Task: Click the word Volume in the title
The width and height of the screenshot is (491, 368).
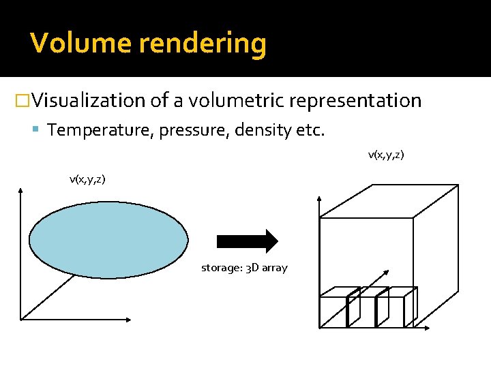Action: tap(80, 44)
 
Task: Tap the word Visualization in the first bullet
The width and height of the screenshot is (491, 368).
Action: tap(88, 101)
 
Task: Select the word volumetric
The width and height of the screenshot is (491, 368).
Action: tap(237, 101)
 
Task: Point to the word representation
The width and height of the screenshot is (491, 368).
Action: tap(355, 102)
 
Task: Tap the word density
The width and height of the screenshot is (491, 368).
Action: tap(261, 129)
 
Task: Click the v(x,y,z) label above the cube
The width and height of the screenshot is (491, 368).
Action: tap(386, 155)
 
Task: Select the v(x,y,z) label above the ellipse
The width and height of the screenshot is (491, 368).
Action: tap(87, 179)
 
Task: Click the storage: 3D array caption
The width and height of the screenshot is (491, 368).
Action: tap(244, 268)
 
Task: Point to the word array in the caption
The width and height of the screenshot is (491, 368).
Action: tap(275, 269)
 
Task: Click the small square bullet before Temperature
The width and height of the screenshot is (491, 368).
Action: tap(40, 130)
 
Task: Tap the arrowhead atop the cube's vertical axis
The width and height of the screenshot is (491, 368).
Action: tap(320, 199)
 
